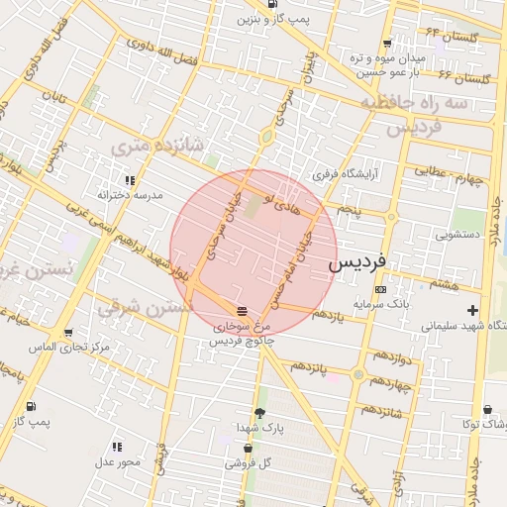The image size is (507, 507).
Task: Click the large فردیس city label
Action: pos(358,265)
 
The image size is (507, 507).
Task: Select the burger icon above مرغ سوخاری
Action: pos(243,311)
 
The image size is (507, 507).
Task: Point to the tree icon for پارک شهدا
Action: pos(259,413)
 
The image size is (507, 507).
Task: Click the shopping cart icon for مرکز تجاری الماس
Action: pos(67,334)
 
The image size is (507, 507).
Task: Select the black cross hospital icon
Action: pos(472,311)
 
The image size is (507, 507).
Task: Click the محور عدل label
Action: pos(117,461)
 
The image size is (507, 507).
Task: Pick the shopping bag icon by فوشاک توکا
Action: pos(488,410)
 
